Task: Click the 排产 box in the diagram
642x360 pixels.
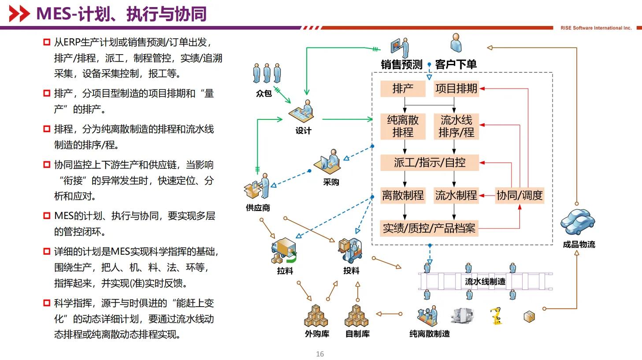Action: (x=403, y=89)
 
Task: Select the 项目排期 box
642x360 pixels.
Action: (x=456, y=89)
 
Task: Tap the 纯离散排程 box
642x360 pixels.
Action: (x=403, y=126)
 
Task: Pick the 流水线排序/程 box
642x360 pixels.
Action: (x=456, y=126)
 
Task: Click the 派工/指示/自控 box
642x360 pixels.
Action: (x=430, y=163)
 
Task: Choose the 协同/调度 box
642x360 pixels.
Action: (x=520, y=195)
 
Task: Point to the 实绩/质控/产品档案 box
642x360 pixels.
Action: (x=429, y=228)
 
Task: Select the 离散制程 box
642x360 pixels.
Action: (x=403, y=195)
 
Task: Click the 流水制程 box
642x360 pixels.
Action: (x=456, y=195)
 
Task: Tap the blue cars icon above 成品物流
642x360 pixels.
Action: (x=578, y=222)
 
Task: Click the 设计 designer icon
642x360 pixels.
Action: (x=302, y=111)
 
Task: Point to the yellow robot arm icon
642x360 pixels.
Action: (x=496, y=315)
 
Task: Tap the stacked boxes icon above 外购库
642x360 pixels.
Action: (x=316, y=316)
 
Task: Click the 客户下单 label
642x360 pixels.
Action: (x=456, y=64)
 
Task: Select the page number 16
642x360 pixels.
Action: (x=320, y=354)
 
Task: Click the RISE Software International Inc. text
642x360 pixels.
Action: (x=596, y=28)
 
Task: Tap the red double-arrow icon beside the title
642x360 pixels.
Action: (x=19, y=14)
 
